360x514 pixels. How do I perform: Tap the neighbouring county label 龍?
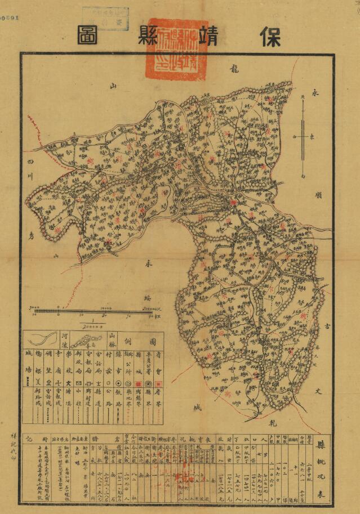click(x=235, y=69)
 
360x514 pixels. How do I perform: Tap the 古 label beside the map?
click(x=328, y=326)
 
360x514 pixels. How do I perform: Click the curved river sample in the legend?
click(x=41, y=340)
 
